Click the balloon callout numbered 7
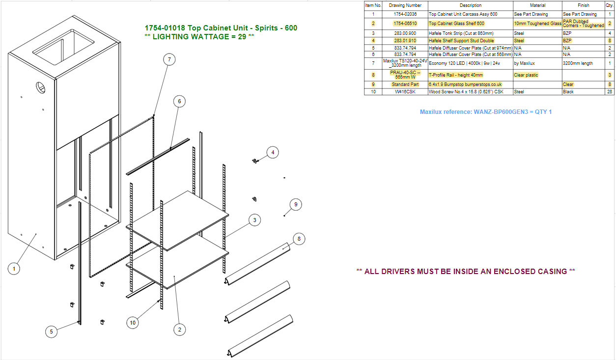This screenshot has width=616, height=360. click(169, 59)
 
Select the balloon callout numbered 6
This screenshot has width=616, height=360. click(179, 102)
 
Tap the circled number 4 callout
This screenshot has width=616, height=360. click(273, 152)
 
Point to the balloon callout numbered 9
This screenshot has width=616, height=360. click(296, 205)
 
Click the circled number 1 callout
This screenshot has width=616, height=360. click(14, 269)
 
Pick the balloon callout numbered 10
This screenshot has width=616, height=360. click(133, 323)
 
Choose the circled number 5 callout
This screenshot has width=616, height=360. click(51, 332)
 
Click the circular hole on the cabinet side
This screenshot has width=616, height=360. click(40, 87)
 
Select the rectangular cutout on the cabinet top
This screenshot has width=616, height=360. click(63, 47)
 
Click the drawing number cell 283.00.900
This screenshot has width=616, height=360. click(405, 33)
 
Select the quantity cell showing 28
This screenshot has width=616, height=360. click(610, 92)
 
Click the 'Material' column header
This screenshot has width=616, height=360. click(537, 5)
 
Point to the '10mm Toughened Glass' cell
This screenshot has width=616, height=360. click(537, 24)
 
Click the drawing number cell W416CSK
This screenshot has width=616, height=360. click(405, 92)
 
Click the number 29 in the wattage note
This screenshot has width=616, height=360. click(242, 36)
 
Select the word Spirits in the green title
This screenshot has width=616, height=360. click(266, 28)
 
